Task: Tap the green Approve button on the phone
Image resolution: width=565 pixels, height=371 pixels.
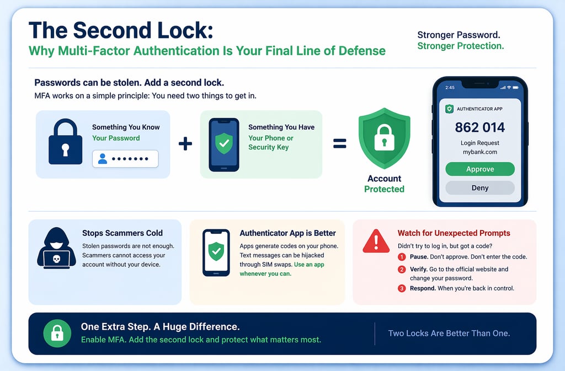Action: click(479, 169)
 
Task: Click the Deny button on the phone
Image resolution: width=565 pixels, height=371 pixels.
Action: click(479, 188)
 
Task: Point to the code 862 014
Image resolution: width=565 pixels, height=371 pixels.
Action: click(479, 127)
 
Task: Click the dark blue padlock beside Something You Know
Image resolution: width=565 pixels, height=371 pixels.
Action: click(65, 142)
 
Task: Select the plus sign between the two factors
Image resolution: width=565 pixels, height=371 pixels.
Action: click(185, 144)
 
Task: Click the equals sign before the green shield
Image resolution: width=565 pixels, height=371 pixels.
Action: click(339, 144)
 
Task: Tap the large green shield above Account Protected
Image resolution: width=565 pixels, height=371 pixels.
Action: click(384, 139)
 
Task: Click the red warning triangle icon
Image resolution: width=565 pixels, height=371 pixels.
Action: click(376, 241)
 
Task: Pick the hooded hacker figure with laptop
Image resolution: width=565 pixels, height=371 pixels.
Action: click(56, 249)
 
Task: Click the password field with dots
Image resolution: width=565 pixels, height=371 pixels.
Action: click(125, 159)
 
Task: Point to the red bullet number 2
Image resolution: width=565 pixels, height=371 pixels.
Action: click(402, 270)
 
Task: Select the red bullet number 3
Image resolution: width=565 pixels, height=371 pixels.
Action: click(402, 288)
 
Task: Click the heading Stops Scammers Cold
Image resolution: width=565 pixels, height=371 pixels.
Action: click(122, 233)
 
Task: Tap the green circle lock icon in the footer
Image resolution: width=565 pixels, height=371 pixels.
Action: click(57, 333)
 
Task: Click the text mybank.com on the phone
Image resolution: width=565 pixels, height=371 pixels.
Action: click(479, 152)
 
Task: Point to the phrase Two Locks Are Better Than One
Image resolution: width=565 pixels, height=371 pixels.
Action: click(449, 333)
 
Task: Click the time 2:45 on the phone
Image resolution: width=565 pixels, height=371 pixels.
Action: click(450, 88)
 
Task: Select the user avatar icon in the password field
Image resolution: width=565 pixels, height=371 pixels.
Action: click(103, 159)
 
